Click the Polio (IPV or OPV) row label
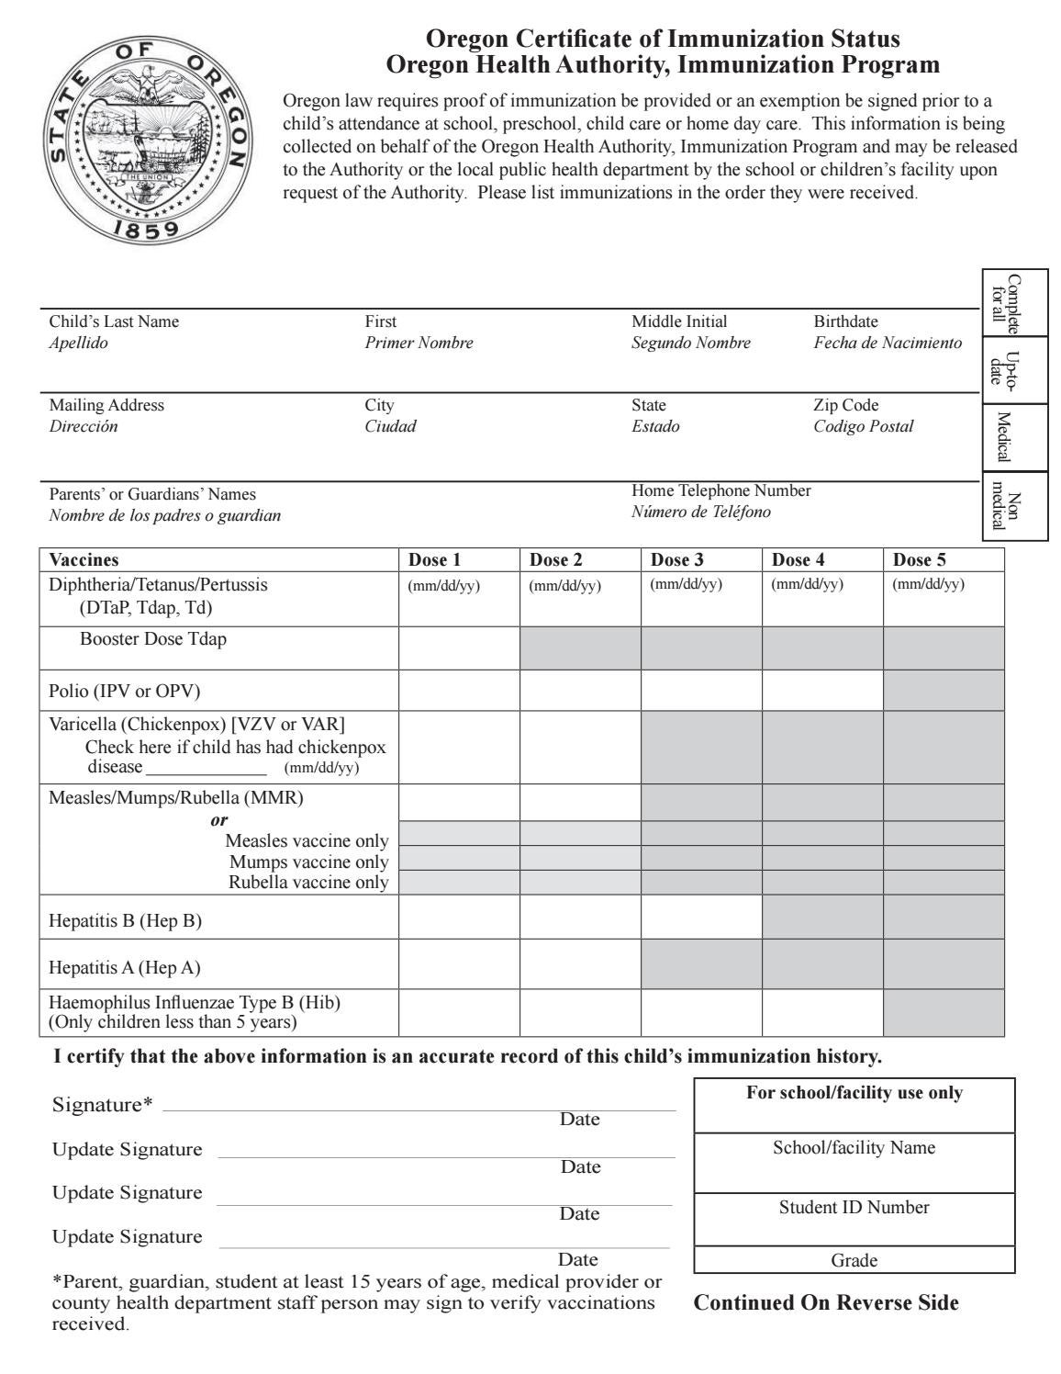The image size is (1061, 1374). [x=124, y=691]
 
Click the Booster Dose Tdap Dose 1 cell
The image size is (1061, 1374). [x=459, y=648]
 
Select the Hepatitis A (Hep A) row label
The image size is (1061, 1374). [x=124, y=967]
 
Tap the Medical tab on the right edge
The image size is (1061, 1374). [x=1002, y=437]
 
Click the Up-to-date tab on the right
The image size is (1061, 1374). [x=1002, y=369]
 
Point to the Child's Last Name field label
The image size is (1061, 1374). [x=114, y=321]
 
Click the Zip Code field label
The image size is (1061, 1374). [x=845, y=405]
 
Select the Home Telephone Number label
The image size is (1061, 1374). [x=720, y=490]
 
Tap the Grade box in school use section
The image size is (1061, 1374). [x=854, y=1261]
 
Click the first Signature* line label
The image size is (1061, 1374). [x=103, y=1105]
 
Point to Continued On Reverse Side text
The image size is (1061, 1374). [x=826, y=1302]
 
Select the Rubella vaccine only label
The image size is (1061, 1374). [x=307, y=883]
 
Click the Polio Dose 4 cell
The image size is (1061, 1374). [x=821, y=690]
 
